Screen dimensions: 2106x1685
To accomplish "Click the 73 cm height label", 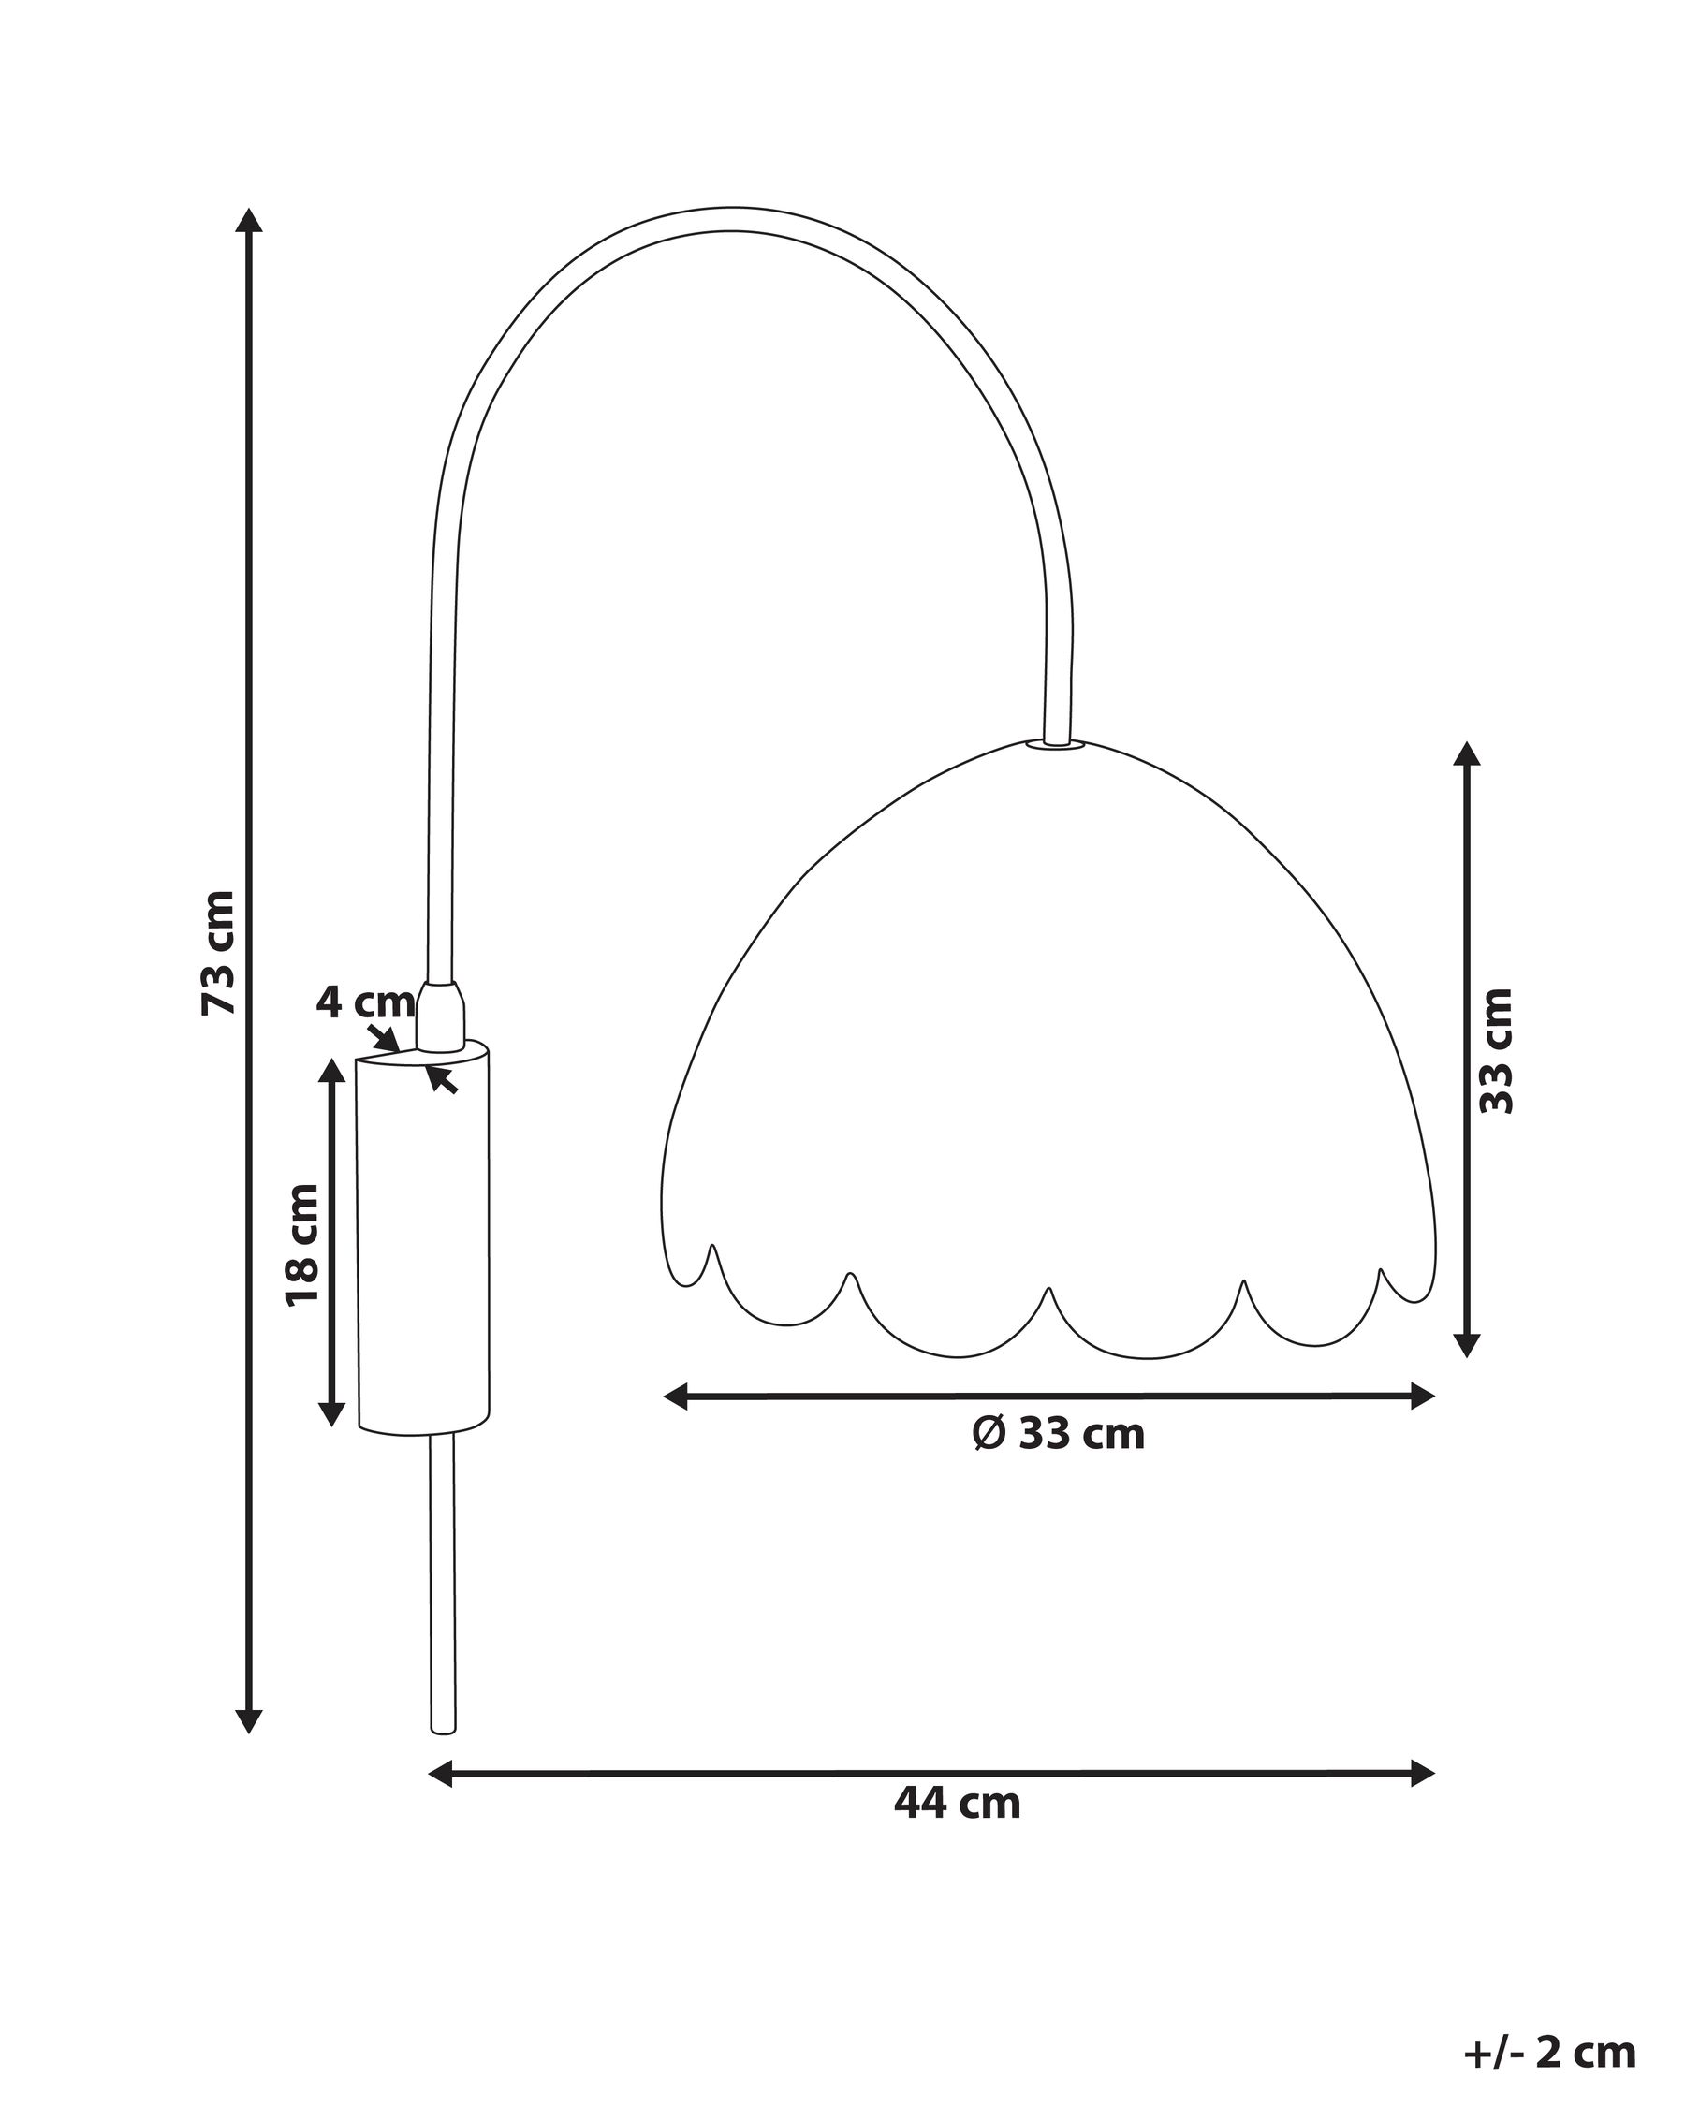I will (219, 953).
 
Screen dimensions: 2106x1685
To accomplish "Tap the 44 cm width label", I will (957, 1802).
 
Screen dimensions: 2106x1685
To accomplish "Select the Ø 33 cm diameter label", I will (1058, 1434).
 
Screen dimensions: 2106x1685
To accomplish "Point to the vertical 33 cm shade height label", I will (1496, 1051).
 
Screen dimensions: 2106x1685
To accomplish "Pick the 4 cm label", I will (363, 1002).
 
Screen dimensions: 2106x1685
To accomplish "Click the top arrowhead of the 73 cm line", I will (250, 221).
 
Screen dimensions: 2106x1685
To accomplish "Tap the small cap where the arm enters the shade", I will (1056, 743).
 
